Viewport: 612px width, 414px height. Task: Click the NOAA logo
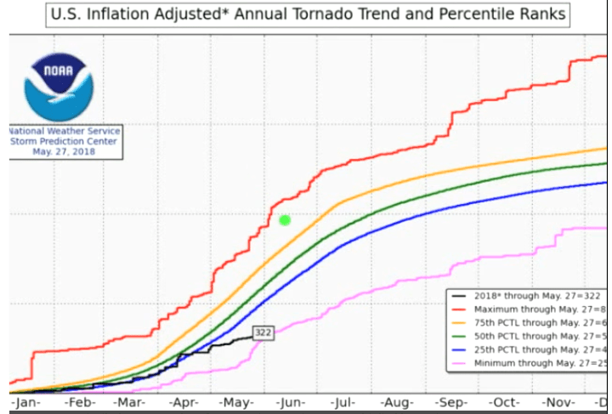coord(59,87)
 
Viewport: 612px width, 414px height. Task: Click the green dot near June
coord(285,220)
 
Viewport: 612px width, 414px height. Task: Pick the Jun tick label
coord(290,401)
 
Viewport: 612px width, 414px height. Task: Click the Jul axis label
coord(343,401)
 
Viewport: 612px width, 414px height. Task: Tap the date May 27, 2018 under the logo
coord(65,151)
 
